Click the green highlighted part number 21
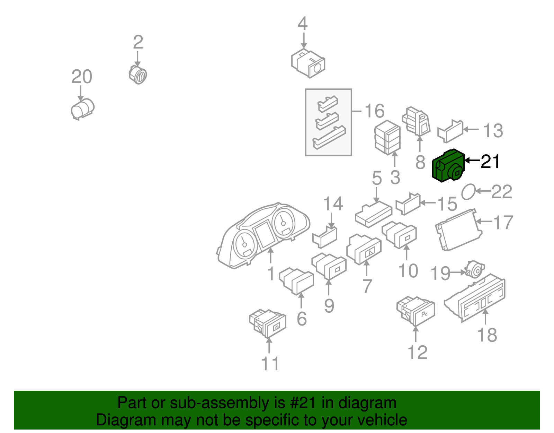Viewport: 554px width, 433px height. [x=448, y=165]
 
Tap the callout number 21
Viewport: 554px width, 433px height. [x=490, y=162]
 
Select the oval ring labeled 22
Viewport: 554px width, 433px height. [x=468, y=192]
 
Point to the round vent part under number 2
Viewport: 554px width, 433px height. [x=138, y=75]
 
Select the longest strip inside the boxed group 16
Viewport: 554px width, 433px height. [x=329, y=137]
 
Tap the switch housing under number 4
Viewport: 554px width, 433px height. [x=308, y=63]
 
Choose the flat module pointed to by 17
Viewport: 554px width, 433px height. [x=458, y=230]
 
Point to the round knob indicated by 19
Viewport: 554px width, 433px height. [x=474, y=269]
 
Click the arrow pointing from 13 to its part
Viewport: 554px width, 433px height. [x=471, y=129]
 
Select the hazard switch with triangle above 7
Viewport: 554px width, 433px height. [x=364, y=249]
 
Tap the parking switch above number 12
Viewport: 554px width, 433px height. [x=415, y=311]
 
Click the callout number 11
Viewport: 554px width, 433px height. [x=270, y=363]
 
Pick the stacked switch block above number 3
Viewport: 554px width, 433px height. [x=387, y=137]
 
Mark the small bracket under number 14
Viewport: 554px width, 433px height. [x=324, y=236]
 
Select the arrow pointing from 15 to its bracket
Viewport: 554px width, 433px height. [x=428, y=203]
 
